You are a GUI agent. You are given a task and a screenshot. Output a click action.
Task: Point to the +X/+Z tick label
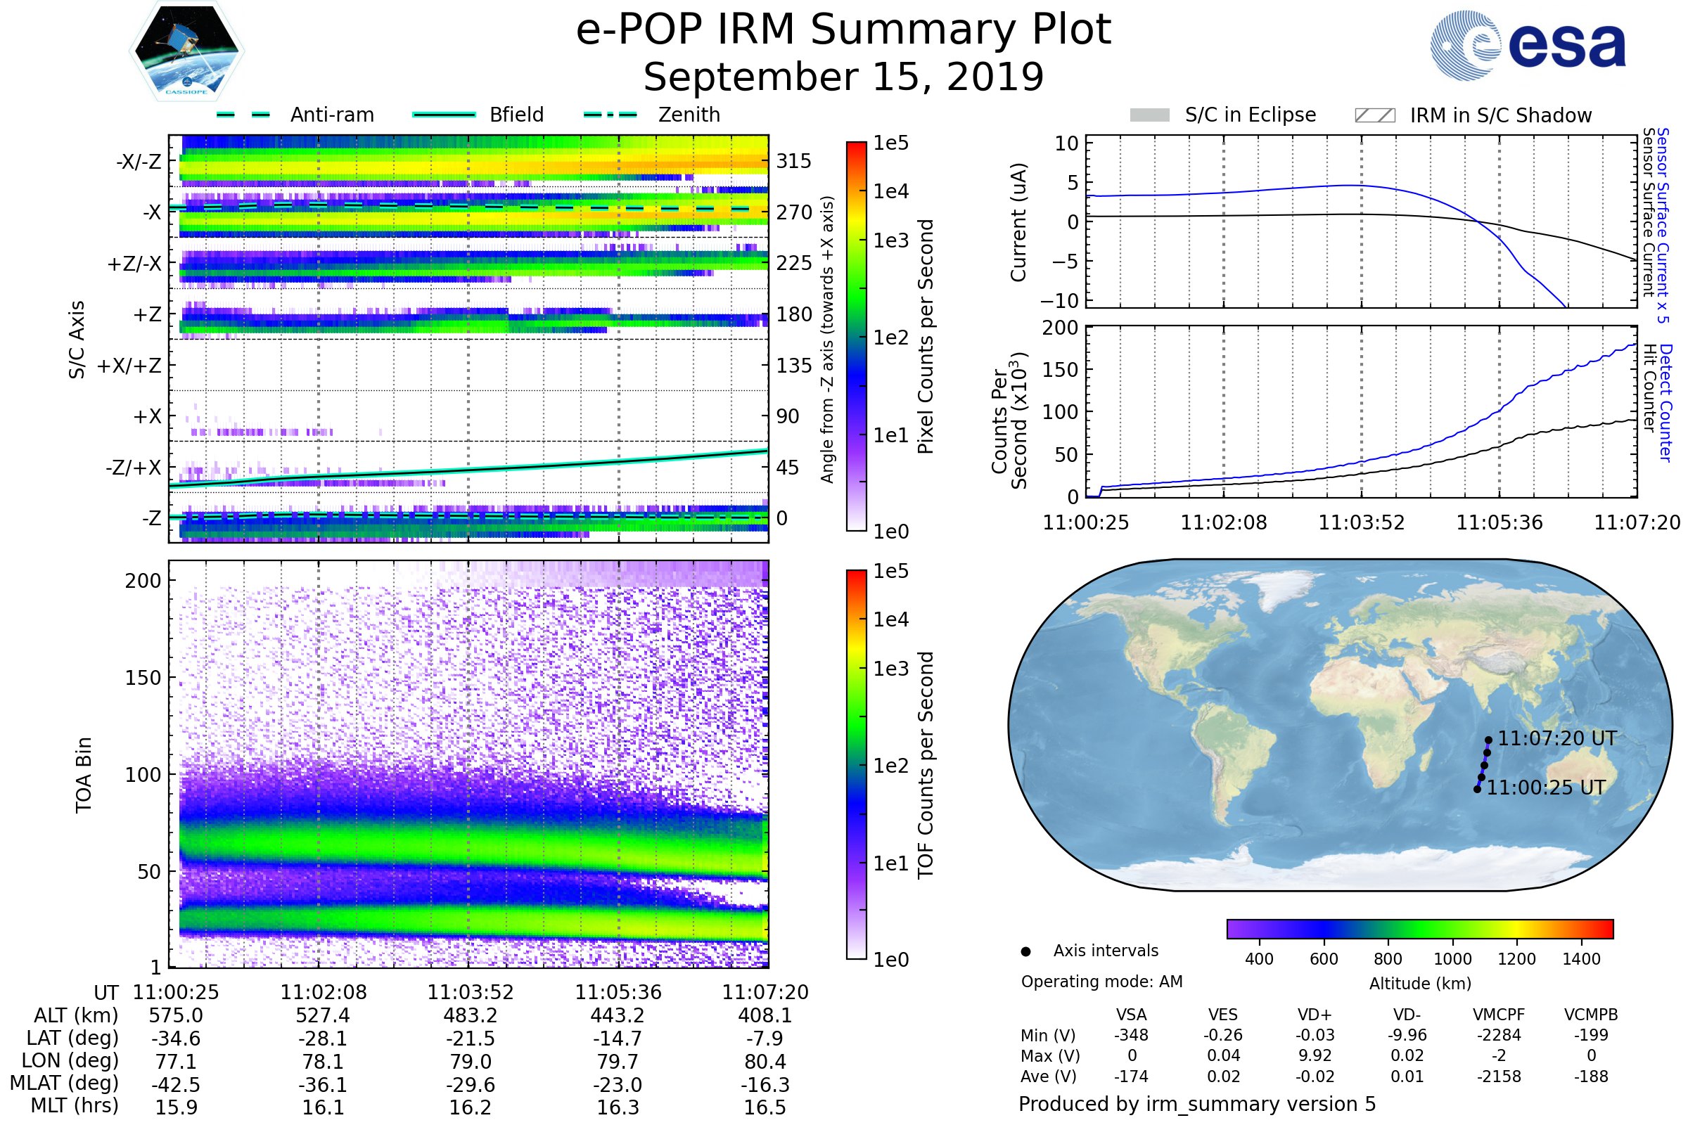pos(129,366)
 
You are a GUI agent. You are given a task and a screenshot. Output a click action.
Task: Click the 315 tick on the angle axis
pos(794,161)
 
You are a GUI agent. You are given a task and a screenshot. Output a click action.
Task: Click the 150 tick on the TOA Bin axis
pos(143,678)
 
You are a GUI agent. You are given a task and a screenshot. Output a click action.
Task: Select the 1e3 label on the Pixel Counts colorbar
pos(890,240)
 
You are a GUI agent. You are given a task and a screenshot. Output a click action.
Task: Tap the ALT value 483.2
pos(470,1015)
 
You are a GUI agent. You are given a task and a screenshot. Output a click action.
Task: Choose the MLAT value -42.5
pos(176,1084)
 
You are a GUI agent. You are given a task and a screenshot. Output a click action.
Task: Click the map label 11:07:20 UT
pos(1556,738)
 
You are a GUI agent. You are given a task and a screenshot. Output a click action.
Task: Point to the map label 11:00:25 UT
pos(1545,787)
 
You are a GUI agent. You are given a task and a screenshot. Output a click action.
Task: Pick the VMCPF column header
pos(1499,1015)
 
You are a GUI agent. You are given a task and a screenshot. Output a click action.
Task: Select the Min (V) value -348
pos(1131,1035)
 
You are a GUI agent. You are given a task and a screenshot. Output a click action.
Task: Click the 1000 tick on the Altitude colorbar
pos(1452,959)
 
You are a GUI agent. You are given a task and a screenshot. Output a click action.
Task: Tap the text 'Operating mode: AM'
pos(1101,982)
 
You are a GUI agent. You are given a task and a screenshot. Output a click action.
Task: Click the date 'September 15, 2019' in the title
pos(843,77)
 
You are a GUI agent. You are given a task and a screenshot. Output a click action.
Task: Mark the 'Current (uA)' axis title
pos(1019,222)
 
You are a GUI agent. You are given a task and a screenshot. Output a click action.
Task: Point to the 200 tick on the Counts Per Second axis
pos(1060,328)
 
